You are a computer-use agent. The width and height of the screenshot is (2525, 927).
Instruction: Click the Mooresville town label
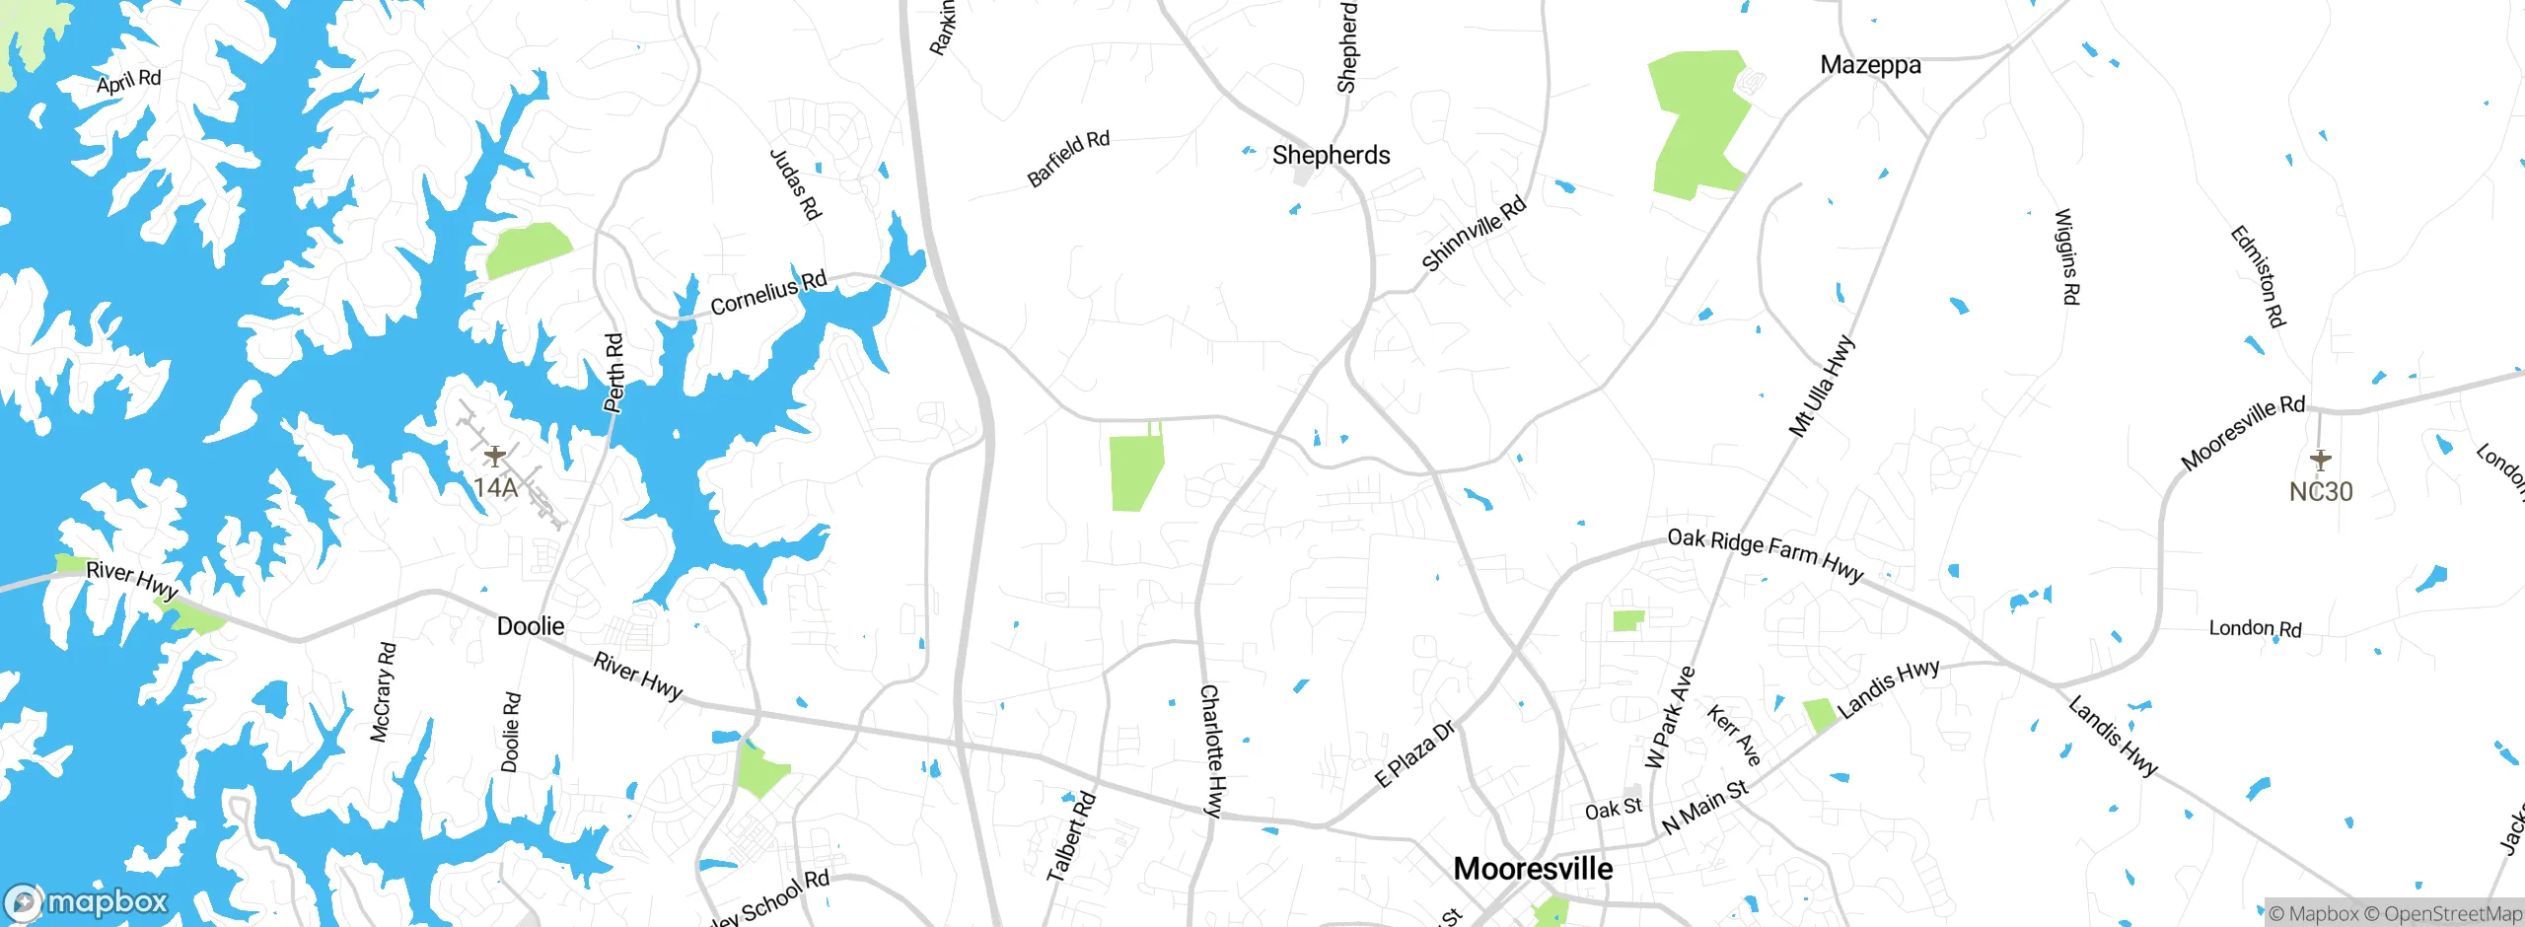(1533, 869)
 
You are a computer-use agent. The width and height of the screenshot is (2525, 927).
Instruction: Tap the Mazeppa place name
(1870, 65)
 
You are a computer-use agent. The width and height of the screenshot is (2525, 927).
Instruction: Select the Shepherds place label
(1331, 155)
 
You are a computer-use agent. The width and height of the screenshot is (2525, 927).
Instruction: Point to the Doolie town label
(531, 626)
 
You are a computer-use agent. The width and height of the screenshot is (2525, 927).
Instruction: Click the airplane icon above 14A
(495, 456)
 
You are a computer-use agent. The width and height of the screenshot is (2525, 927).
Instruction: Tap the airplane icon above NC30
(2320, 460)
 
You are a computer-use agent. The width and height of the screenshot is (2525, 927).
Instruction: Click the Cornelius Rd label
(768, 293)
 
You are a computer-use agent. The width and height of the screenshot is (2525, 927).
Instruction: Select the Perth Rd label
(614, 373)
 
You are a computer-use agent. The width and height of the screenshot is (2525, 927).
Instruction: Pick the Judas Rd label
(795, 184)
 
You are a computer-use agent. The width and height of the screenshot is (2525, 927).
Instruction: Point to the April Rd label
(128, 82)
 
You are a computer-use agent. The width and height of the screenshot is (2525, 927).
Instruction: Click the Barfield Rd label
(1068, 159)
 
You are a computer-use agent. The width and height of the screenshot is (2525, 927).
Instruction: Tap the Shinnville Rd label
(1474, 233)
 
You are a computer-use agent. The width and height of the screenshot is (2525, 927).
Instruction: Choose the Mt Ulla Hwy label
(1822, 387)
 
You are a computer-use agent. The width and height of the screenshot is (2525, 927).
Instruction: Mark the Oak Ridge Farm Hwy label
(1765, 554)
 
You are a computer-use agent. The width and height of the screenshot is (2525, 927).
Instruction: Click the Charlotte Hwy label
(1212, 750)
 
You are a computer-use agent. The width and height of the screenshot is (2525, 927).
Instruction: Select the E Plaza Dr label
(1414, 753)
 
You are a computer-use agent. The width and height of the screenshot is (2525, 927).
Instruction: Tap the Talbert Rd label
(1071, 836)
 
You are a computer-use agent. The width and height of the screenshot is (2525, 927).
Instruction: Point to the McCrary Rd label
(383, 692)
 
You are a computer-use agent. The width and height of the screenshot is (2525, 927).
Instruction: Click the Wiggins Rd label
(2067, 256)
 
